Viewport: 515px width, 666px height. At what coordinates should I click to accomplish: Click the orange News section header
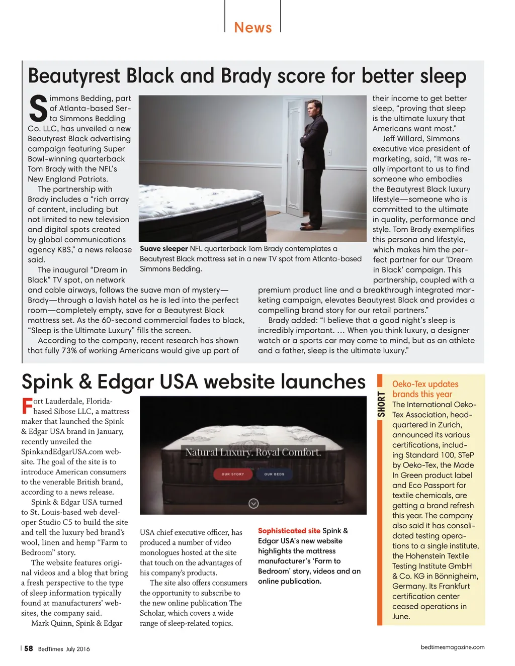point(253,27)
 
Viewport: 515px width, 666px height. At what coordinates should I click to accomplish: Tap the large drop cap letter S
point(38,109)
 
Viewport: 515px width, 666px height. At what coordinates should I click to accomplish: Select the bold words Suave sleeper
point(164,249)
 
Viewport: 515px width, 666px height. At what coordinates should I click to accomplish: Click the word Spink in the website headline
point(46,382)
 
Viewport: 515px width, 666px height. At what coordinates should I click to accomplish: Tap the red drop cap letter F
point(27,406)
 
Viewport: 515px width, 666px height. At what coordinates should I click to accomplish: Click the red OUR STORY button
point(233,474)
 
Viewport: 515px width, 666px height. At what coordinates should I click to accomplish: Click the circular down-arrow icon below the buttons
point(253,503)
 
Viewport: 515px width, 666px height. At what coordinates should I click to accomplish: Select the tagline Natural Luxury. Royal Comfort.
point(253,452)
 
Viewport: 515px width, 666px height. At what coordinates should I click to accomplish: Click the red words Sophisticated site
point(289,531)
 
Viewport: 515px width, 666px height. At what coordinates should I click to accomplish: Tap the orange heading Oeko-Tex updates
point(425,384)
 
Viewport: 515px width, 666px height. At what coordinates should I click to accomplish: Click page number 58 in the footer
point(29,648)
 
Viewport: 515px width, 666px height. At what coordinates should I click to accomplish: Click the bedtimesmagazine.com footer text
point(453,647)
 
